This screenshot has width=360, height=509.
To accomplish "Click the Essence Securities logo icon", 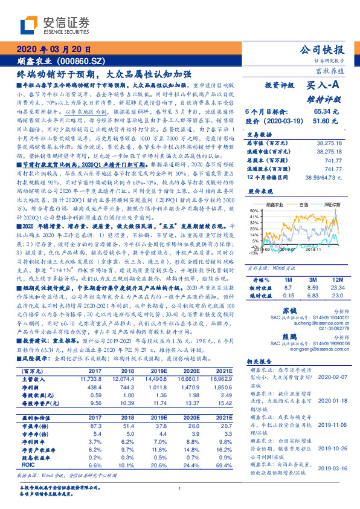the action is coord(28,25).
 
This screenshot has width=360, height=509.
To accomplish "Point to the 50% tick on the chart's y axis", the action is coord(252,210).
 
